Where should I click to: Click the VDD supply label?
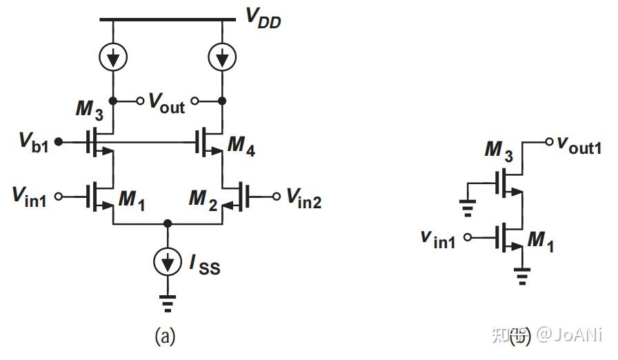click(263, 19)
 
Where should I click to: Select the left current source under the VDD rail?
click(112, 60)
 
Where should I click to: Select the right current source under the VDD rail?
click(221, 60)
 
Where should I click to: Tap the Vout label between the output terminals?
click(167, 103)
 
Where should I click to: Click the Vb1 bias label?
click(32, 143)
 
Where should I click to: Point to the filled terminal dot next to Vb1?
click(59, 142)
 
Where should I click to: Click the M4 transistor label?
click(241, 147)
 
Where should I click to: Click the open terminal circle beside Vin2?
click(276, 197)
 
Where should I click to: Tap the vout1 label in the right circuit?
click(579, 145)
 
